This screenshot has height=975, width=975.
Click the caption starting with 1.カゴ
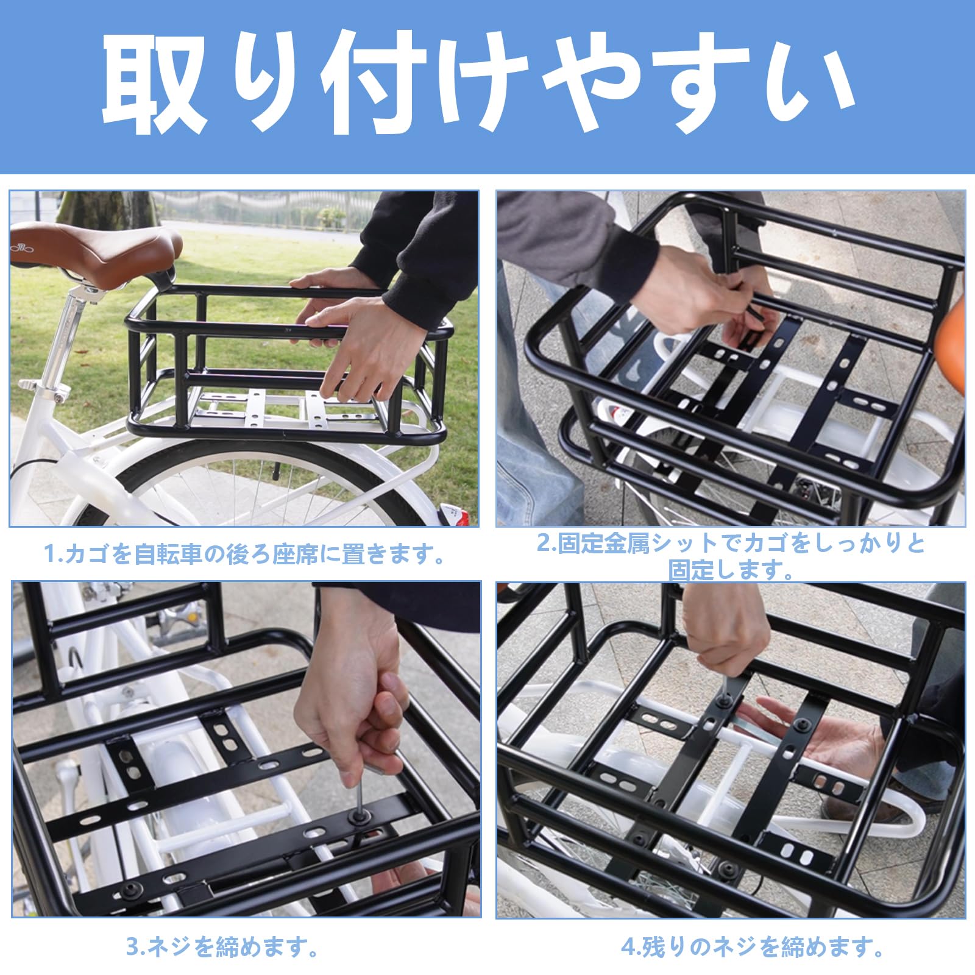tap(244, 555)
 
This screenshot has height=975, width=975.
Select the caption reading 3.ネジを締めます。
tap(223, 947)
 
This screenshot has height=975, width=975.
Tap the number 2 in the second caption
tap(543, 544)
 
